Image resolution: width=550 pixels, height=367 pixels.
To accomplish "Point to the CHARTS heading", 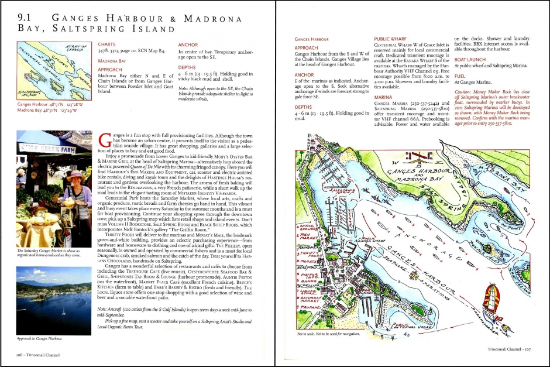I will pyautogui.click(x=106, y=44).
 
